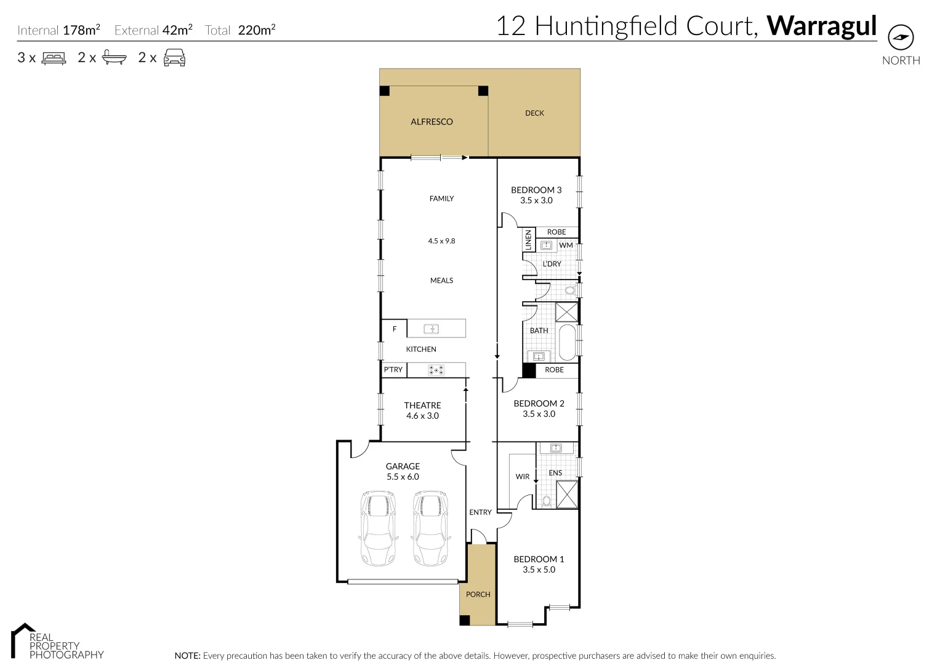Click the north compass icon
[901, 38]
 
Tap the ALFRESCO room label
[432, 122]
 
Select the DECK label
[534, 113]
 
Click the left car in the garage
[377, 528]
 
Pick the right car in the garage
[430, 528]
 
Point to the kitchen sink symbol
[432, 329]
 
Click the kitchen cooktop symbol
[436, 370]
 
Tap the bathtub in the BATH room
[566, 342]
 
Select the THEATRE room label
[422, 405]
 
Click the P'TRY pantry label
[393, 370]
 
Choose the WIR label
[522, 477]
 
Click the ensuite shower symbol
[567, 494]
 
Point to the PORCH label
[478, 595]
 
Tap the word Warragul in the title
[821, 26]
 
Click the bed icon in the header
[54, 58]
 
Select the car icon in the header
[174, 58]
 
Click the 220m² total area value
[256, 30]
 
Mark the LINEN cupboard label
[528, 240]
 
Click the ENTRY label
[480, 512]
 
